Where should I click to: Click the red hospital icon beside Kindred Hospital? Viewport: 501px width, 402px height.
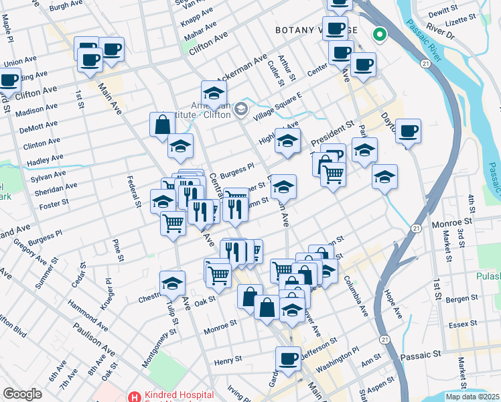click(x=134, y=397)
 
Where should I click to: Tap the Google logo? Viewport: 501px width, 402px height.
click(x=22, y=394)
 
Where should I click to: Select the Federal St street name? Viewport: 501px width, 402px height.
click(x=134, y=191)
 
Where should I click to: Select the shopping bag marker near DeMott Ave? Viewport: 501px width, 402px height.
click(x=162, y=124)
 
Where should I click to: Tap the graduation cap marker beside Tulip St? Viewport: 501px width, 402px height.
click(x=172, y=283)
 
